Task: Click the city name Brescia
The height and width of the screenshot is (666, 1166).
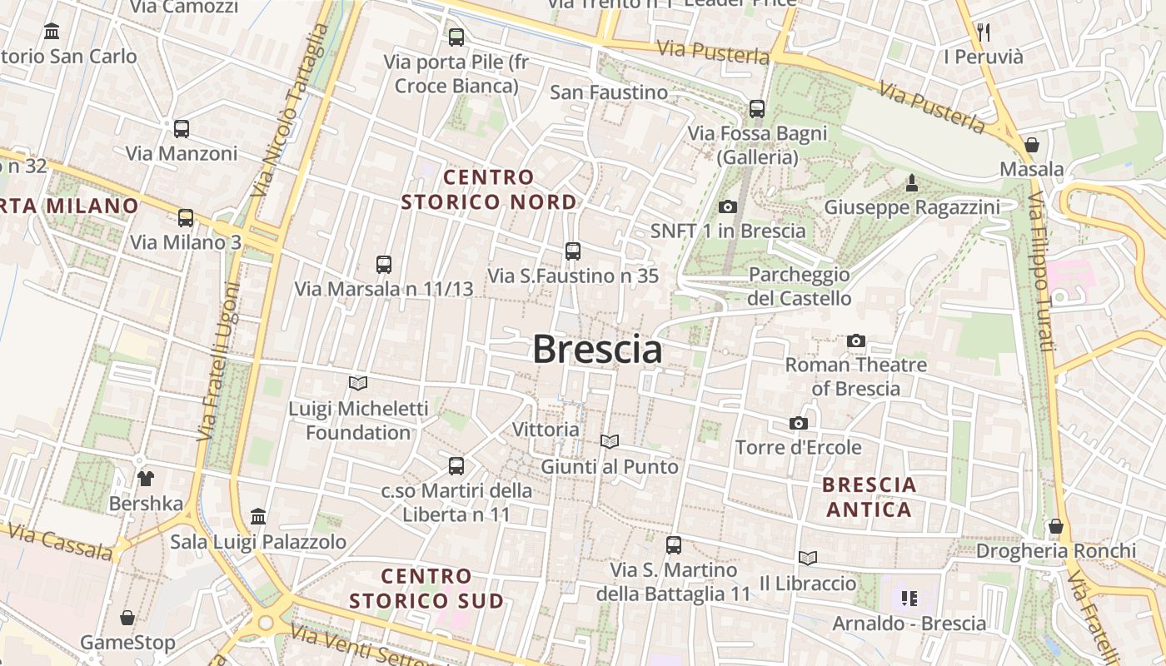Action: click(x=597, y=350)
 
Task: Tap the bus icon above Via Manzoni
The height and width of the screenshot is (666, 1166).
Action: click(x=182, y=129)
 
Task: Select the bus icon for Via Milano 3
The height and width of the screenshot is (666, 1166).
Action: click(x=186, y=218)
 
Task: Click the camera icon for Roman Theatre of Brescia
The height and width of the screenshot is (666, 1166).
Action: click(x=855, y=340)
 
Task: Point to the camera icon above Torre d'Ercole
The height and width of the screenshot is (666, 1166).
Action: click(x=798, y=424)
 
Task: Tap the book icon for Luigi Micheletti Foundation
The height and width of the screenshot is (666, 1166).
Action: click(x=358, y=383)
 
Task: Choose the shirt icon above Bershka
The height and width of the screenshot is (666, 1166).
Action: click(x=146, y=479)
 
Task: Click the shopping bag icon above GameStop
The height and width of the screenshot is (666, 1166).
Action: click(x=127, y=618)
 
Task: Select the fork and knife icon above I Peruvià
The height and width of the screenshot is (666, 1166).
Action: click(x=984, y=32)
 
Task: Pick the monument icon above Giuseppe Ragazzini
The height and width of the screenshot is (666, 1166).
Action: click(x=911, y=182)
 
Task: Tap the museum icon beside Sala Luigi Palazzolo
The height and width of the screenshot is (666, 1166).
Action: click(x=258, y=517)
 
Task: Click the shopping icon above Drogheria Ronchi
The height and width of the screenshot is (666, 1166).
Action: click(x=1055, y=526)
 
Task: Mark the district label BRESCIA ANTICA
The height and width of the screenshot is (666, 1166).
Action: click(x=869, y=497)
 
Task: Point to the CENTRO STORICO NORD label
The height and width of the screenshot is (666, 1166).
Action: click(x=489, y=189)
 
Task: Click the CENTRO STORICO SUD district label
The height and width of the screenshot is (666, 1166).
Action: click(x=426, y=588)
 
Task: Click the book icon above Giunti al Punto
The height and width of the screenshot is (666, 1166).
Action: click(x=610, y=441)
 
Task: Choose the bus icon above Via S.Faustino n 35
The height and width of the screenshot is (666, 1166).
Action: click(x=572, y=251)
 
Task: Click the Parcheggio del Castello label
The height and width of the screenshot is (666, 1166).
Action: click(x=800, y=286)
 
